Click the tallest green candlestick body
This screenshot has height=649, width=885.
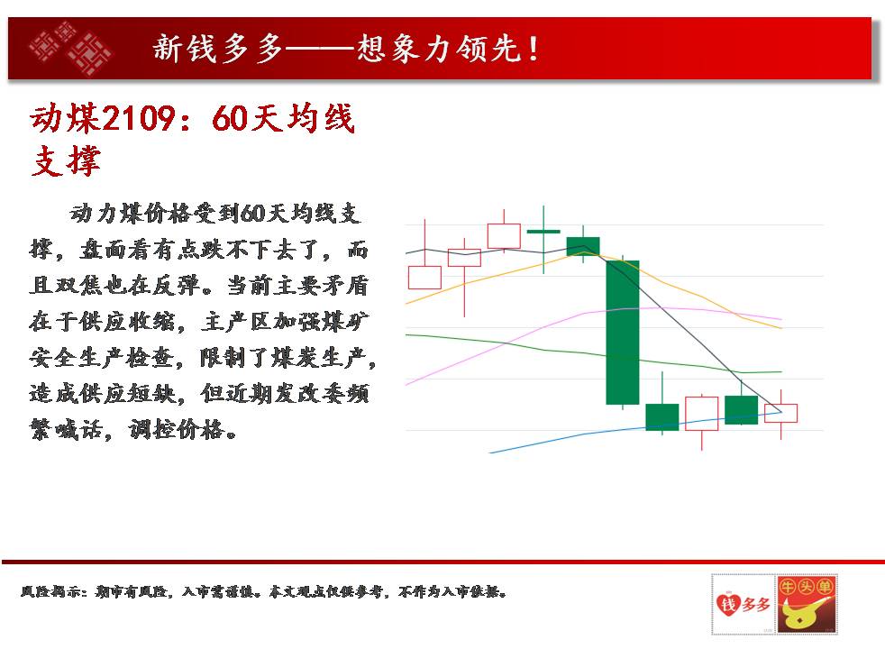point(623,333)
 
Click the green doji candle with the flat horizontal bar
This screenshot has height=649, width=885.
point(543,232)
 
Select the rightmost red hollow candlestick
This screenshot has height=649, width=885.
point(781,413)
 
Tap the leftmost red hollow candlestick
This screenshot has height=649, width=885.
point(424,278)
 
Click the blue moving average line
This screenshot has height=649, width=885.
point(635,428)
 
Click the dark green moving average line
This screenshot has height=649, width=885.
point(593,353)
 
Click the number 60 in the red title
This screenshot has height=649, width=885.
point(230,118)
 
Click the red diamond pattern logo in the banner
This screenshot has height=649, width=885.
point(70,49)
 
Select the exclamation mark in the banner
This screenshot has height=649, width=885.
point(533,49)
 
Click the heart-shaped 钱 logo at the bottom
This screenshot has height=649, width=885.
point(743,605)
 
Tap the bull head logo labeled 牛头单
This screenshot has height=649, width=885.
point(806,605)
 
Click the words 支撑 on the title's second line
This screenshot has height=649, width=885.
point(66,160)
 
